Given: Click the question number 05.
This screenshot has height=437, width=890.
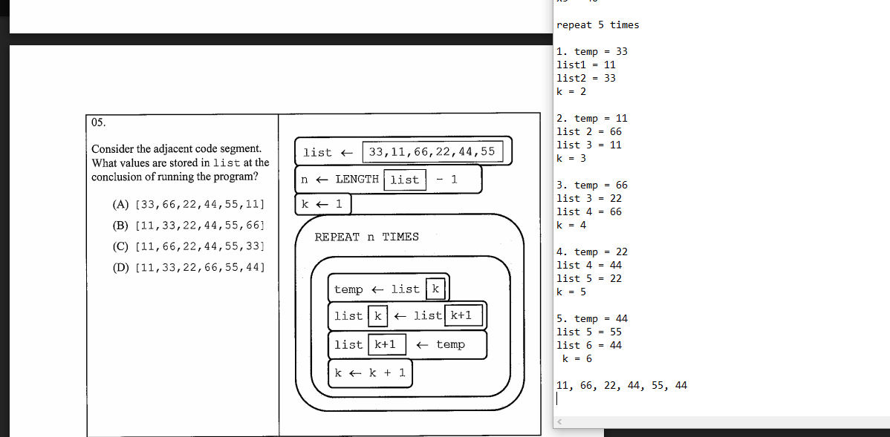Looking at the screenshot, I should point(99,122).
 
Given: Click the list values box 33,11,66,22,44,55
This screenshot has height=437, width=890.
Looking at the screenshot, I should point(432,152).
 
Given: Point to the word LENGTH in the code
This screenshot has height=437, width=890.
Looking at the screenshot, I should point(357,179).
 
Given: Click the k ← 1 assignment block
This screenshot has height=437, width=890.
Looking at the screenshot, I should point(322,204).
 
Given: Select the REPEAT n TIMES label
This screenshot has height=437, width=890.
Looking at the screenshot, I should point(366,237).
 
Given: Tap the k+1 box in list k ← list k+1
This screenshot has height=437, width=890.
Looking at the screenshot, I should point(464,315).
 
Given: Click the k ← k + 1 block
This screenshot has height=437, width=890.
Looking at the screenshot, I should point(370,372).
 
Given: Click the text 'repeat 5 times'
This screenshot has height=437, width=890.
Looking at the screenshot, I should point(597,24).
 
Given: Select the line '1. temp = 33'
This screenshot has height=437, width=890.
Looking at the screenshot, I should point(591,51).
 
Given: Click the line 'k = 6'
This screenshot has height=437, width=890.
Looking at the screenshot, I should point(577,358).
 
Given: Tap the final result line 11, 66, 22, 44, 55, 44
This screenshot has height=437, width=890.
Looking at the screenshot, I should point(621,385).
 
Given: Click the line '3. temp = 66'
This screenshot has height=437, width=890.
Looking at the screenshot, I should point(591,185).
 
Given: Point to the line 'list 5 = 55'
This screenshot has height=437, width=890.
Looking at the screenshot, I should point(589,332).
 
